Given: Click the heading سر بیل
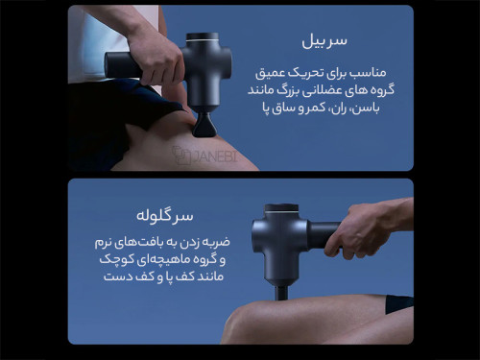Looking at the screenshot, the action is (x=324, y=41).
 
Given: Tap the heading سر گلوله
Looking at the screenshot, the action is (x=165, y=216).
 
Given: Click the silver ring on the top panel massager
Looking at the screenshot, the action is (x=203, y=40).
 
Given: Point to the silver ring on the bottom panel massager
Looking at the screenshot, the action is (x=281, y=211).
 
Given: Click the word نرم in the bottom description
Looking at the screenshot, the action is (x=104, y=243).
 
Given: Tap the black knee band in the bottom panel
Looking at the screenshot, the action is (x=398, y=304).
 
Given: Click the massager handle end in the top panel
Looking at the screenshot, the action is (x=110, y=65).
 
